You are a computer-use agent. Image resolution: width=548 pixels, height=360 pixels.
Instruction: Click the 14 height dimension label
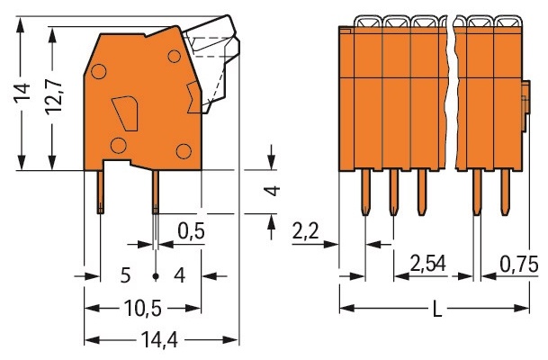(22, 94)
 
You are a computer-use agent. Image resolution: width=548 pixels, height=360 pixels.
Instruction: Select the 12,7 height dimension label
(53, 95)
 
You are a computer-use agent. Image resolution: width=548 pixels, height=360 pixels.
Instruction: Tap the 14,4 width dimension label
(159, 339)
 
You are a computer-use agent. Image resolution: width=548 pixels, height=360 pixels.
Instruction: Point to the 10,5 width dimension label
(143, 309)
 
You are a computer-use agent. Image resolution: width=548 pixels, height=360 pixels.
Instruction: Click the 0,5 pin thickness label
(191, 231)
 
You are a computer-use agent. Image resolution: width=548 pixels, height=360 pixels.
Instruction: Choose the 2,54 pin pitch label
(428, 264)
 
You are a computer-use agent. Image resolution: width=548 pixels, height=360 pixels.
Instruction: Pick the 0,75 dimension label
(518, 265)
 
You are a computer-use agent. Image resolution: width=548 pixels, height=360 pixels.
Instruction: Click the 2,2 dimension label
(305, 231)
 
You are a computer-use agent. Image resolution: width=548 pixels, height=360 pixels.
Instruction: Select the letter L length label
(437, 309)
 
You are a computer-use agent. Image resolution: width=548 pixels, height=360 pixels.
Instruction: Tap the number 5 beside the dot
(125, 275)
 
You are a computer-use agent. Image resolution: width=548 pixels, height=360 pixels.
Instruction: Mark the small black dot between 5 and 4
(156, 276)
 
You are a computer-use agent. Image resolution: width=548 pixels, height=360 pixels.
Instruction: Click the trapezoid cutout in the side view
(125, 113)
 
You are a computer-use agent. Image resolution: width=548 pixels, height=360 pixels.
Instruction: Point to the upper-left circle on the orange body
(99, 71)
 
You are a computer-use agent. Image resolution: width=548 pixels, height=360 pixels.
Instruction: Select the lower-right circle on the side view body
(184, 151)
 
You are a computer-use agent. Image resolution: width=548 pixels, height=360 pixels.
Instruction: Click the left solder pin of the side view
(100, 192)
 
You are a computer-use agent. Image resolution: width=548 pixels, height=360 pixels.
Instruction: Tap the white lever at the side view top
(212, 63)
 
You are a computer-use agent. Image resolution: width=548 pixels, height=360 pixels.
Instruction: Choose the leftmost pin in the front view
(365, 193)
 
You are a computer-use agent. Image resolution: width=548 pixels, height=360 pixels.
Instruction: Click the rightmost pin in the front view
(504, 193)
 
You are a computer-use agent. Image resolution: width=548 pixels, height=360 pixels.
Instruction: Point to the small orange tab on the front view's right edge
(526, 106)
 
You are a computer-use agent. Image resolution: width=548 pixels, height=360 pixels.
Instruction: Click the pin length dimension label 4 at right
(272, 191)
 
